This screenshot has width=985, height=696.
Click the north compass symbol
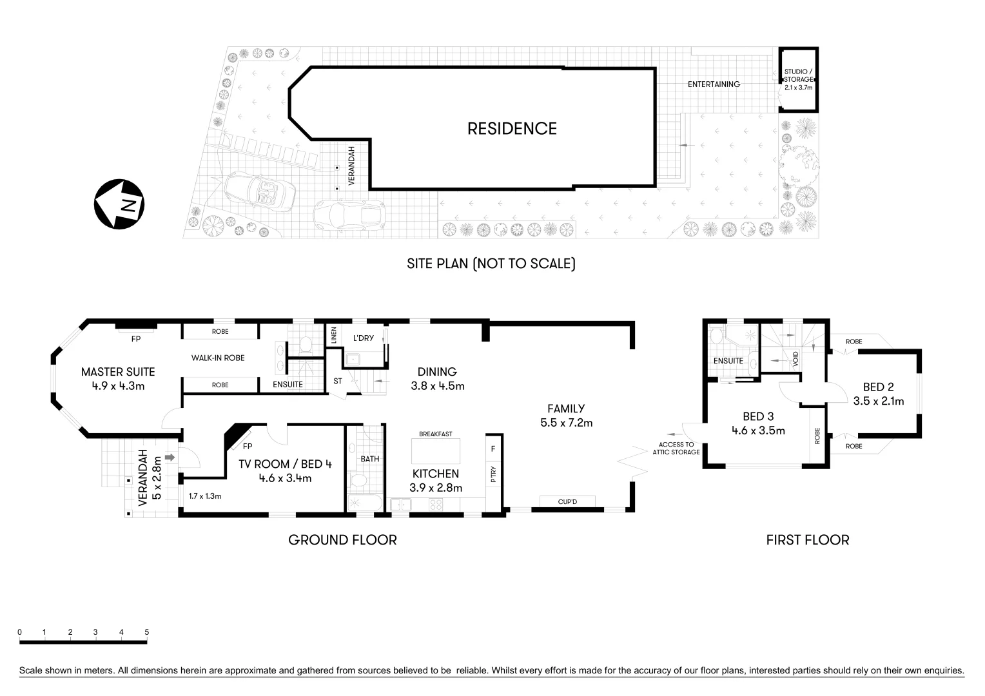pos(119,203)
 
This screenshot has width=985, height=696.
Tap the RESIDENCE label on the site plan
pos(511,128)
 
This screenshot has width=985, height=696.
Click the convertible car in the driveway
pos(260,190)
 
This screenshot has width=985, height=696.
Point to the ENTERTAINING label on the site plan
pos(713,84)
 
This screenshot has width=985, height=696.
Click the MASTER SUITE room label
pos(118,372)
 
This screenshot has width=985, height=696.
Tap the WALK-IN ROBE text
pos(217,358)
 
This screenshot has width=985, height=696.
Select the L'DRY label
pos(363,338)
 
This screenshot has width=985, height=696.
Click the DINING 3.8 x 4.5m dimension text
pos(437,387)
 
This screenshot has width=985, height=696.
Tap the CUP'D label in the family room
pos(567,501)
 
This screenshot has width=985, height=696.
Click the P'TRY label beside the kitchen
pos(493,476)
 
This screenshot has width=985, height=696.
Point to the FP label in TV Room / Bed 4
pos(248,446)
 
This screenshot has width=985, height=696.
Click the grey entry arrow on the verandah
pos(170,457)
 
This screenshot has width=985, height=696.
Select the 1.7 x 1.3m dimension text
pos(205,496)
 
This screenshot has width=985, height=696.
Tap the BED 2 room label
pos(878,387)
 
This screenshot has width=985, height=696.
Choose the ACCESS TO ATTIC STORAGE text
pos(679,449)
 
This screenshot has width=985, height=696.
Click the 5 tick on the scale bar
pos(146,632)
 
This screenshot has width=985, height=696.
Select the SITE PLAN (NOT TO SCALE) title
pos(491,264)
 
